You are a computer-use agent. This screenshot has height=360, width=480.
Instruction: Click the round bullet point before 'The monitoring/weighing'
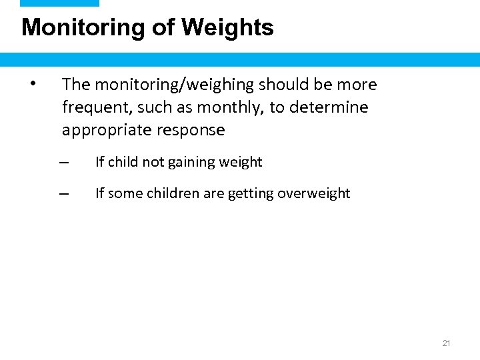(32, 84)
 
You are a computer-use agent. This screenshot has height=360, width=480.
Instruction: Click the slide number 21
(447, 343)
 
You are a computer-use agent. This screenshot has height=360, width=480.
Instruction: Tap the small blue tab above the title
(59, 3)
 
